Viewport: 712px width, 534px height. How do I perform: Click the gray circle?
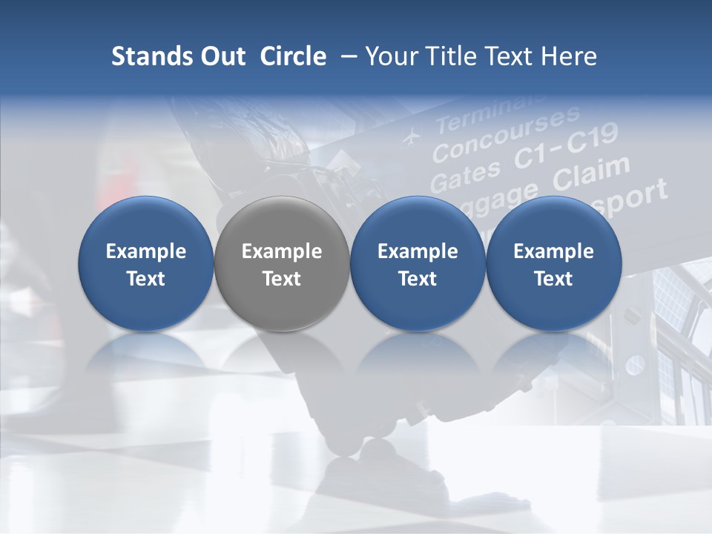[x=282, y=263]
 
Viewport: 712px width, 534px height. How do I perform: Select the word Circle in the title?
[x=293, y=56]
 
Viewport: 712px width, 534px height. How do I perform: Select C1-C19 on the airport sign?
[x=567, y=148]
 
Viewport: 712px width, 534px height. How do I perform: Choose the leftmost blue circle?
[x=146, y=263]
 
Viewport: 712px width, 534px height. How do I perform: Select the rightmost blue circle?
[x=553, y=263]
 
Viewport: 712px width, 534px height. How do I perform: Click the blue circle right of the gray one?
[x=418, y=263]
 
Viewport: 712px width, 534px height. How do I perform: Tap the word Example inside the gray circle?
[x=282, y=251]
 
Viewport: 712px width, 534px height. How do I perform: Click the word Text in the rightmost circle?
[x=553, y=279]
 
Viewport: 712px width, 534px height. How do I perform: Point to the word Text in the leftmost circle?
[x=146, y=279]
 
